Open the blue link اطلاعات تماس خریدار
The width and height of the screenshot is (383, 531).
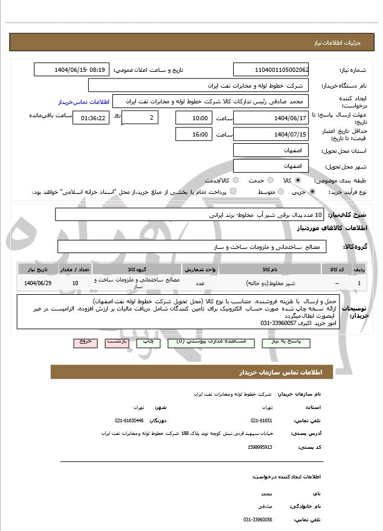coord(81,102)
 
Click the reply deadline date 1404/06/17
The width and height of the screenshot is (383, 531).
coord(271,118)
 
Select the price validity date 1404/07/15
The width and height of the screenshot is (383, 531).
coord(271,134)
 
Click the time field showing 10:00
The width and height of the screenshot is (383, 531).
coord(193,118)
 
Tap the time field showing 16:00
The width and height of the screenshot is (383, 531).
coord(193,134)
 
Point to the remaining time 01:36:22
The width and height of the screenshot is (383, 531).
coord(91,118)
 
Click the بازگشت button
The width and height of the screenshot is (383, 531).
coord(117,342)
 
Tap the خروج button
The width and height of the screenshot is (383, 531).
coord(85,342)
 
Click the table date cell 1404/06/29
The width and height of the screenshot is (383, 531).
coord(38,283)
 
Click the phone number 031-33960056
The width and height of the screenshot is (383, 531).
coord(258,520)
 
